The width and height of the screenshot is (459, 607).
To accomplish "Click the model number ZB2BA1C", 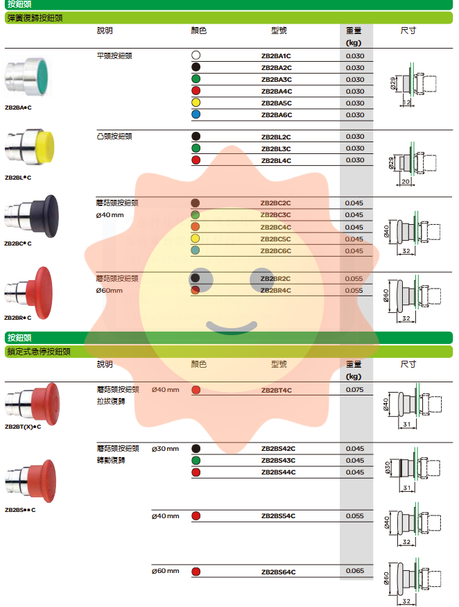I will (x=276, y=55).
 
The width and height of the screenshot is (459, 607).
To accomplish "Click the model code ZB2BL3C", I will (x=276, y=148).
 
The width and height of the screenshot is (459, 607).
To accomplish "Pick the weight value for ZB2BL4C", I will (x=354, y=160).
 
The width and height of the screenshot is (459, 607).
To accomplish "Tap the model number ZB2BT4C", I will (x=276, y=391).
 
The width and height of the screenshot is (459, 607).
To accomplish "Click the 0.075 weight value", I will (x=354, y=390).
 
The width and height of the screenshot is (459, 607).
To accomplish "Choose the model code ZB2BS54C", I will (x=278, y=516).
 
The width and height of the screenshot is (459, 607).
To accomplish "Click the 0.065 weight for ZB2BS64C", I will (x=354, y=571).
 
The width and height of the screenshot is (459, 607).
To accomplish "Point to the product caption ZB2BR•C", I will (x=18, y=317).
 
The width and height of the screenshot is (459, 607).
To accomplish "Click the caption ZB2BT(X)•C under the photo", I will (x=23, y=427).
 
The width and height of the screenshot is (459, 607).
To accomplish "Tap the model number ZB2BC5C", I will (x=276, y=239).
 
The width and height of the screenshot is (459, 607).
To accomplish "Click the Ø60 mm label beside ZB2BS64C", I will (x=166, y=571).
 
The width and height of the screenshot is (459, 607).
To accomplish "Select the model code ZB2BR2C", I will (x=276, y=279).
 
